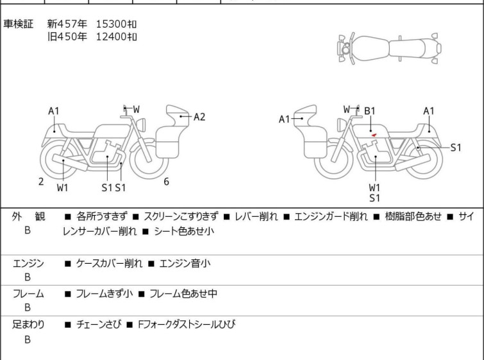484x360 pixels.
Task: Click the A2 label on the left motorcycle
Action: (199, 117)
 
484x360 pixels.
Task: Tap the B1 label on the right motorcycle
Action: (369, 111)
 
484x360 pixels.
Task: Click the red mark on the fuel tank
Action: (374, 135)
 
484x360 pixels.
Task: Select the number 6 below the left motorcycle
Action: (167, 182)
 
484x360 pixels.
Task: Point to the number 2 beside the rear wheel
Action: (41, 182)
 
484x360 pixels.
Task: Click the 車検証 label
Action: (18, 24)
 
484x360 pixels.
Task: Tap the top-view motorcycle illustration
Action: (389, 49)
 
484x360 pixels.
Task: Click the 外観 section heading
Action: (28, 216)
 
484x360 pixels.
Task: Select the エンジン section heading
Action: (28, 264)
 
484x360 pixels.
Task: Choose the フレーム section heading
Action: (28, 293)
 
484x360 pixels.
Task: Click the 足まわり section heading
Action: (28, 325)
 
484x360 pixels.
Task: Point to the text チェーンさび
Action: (99, 324)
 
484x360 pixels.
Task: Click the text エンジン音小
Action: (185, 263)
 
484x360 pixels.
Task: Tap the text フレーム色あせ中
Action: (183, 293)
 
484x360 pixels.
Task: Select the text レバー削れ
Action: (256, 216)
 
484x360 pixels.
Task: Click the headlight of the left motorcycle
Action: (141, 125)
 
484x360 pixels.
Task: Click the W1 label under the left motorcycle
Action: (63, 187)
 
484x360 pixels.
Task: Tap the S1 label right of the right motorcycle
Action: (456, 148)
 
